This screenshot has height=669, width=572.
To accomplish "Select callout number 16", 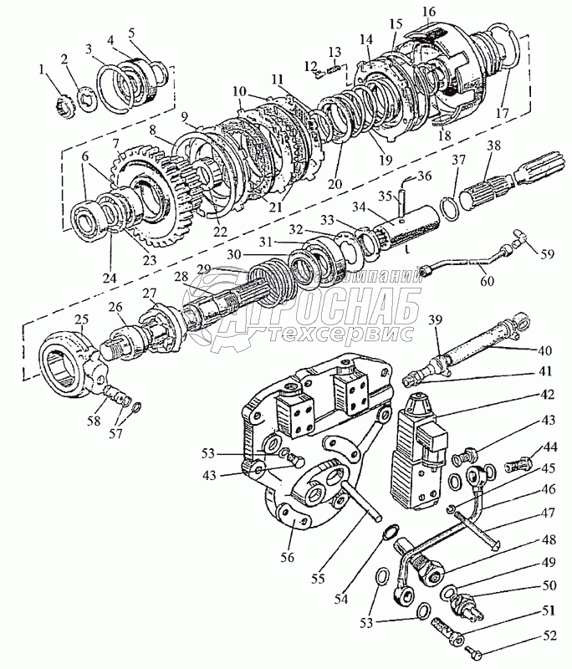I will click(x=429, y=12).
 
